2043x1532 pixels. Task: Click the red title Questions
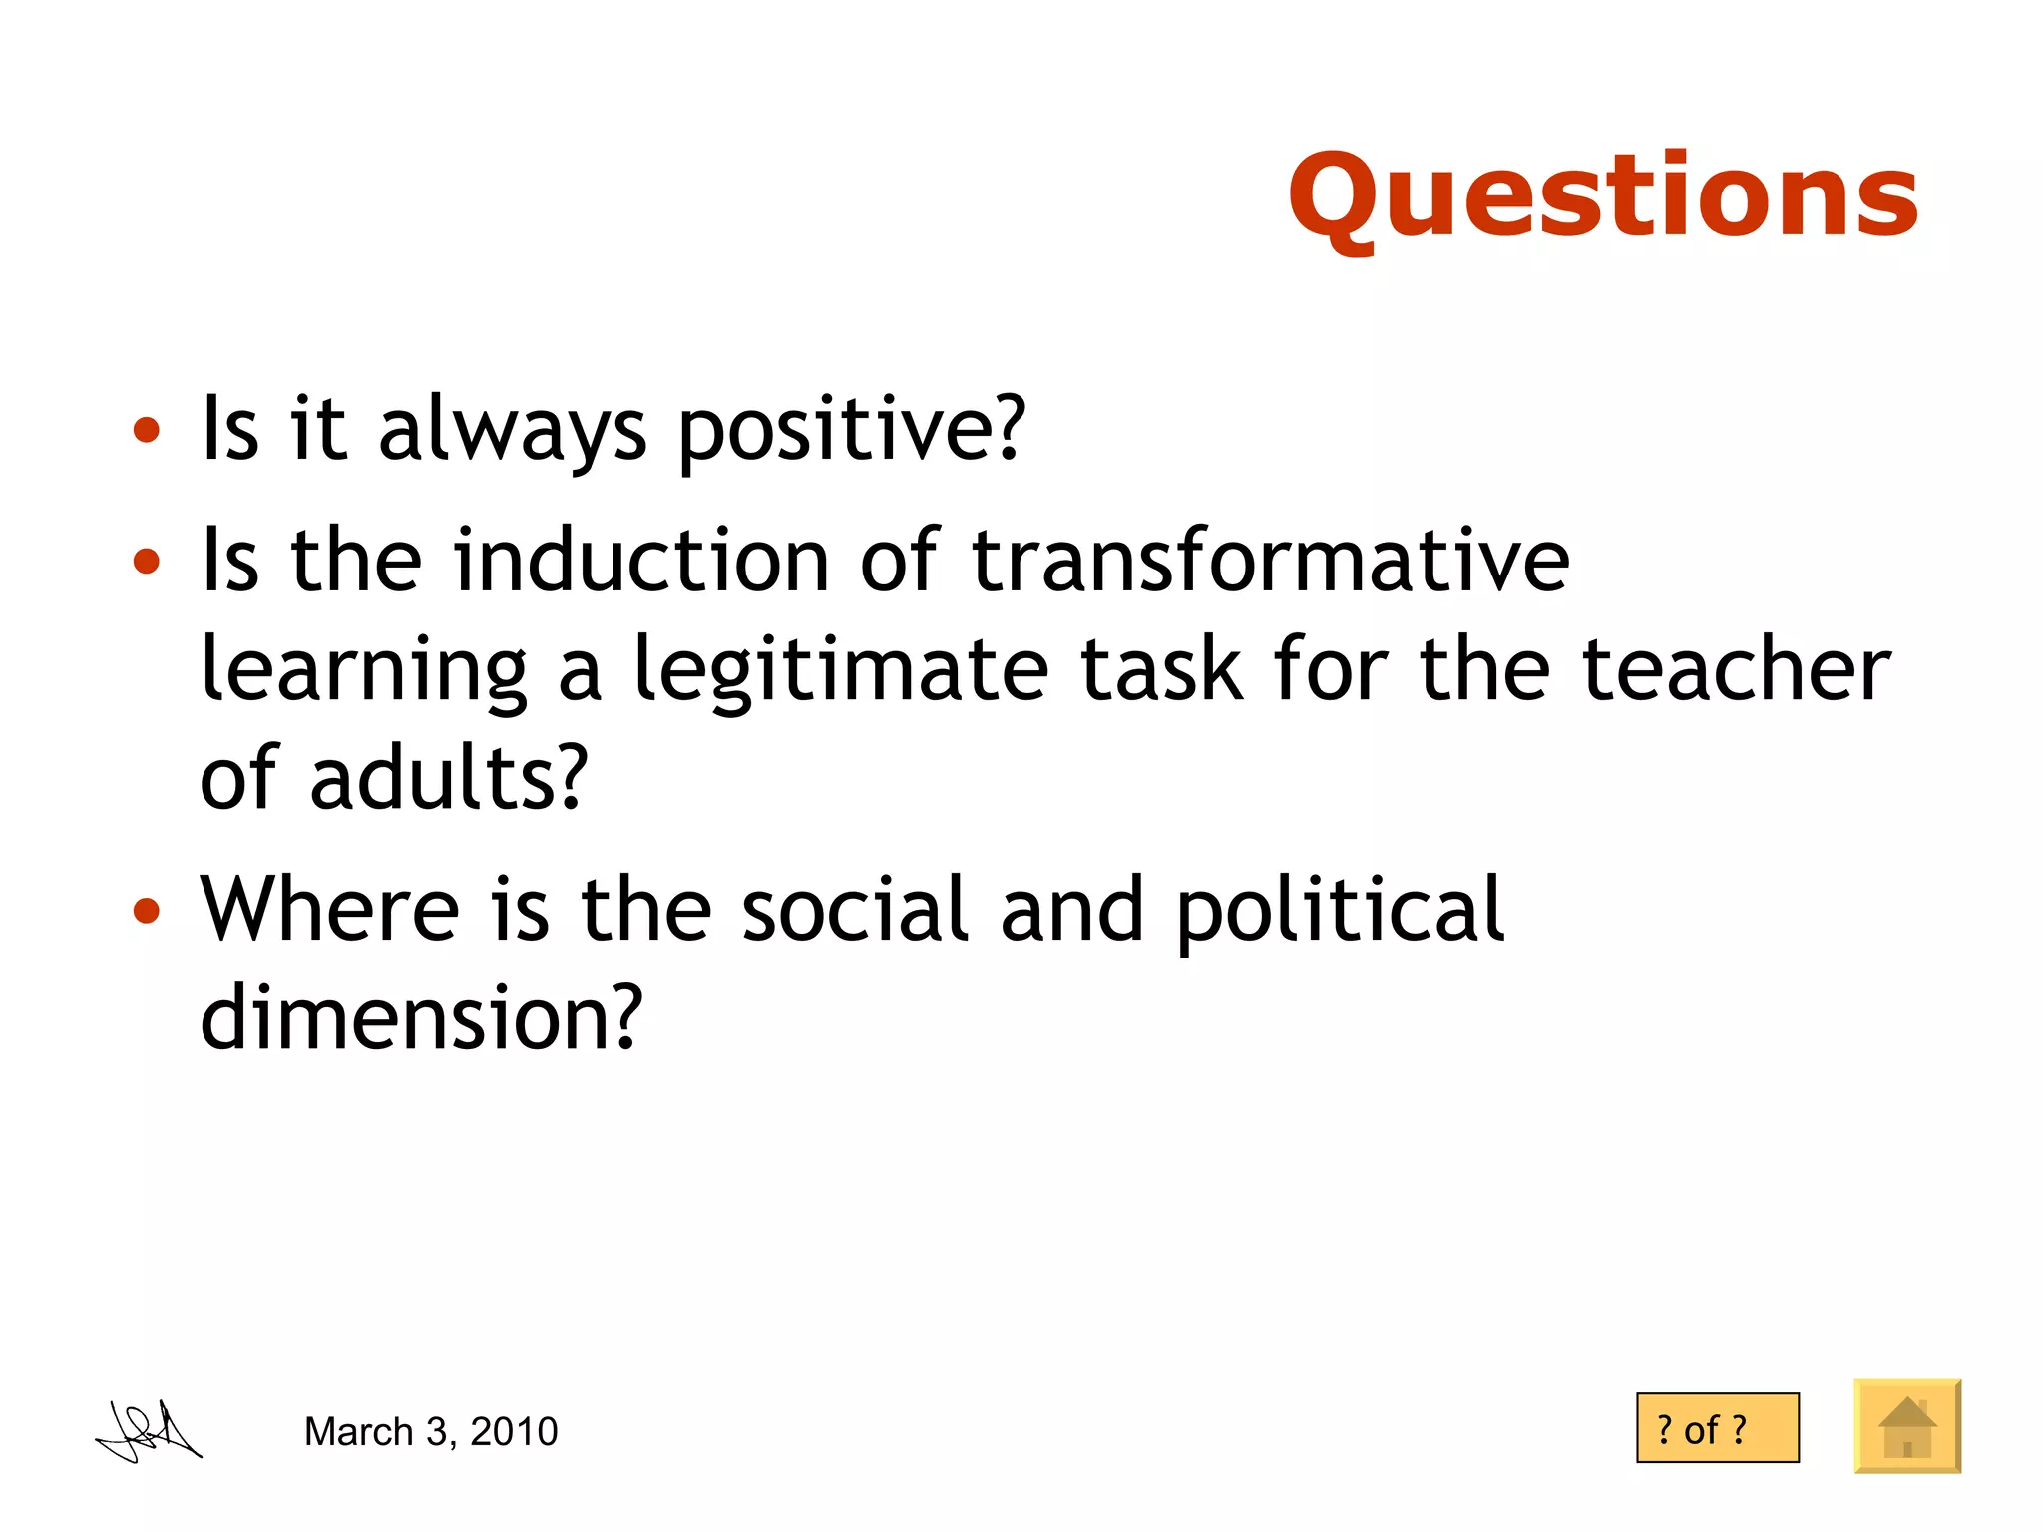(x=1603, y=196)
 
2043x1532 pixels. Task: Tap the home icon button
(x=1907, y=1427)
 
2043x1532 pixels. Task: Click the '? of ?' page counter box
(x=1717, y=1428)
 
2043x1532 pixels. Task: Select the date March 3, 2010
(x=431, y=1432)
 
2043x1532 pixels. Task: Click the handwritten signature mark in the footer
(x=149, y=1433)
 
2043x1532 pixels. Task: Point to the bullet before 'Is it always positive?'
(x=147, y=430)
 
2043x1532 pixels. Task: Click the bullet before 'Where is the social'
(x=147, y=910)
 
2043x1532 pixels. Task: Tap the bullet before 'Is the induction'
(x=147, y=561)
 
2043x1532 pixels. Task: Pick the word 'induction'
(x=640, y=561)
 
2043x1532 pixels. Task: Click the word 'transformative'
(x=1270, y=561)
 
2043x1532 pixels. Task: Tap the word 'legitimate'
(x=841, y=670)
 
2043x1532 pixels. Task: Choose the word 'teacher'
(x=1736, y=670)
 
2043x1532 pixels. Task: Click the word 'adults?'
(x=449, y=778)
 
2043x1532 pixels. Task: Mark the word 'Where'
(x=329, y=909)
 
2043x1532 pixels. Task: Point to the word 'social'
(x=855, y=909)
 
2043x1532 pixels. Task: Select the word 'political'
(x=1340, y=911)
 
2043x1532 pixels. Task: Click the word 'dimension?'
(x=421, y=1018)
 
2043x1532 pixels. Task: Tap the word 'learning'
(x=363, y=670)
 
